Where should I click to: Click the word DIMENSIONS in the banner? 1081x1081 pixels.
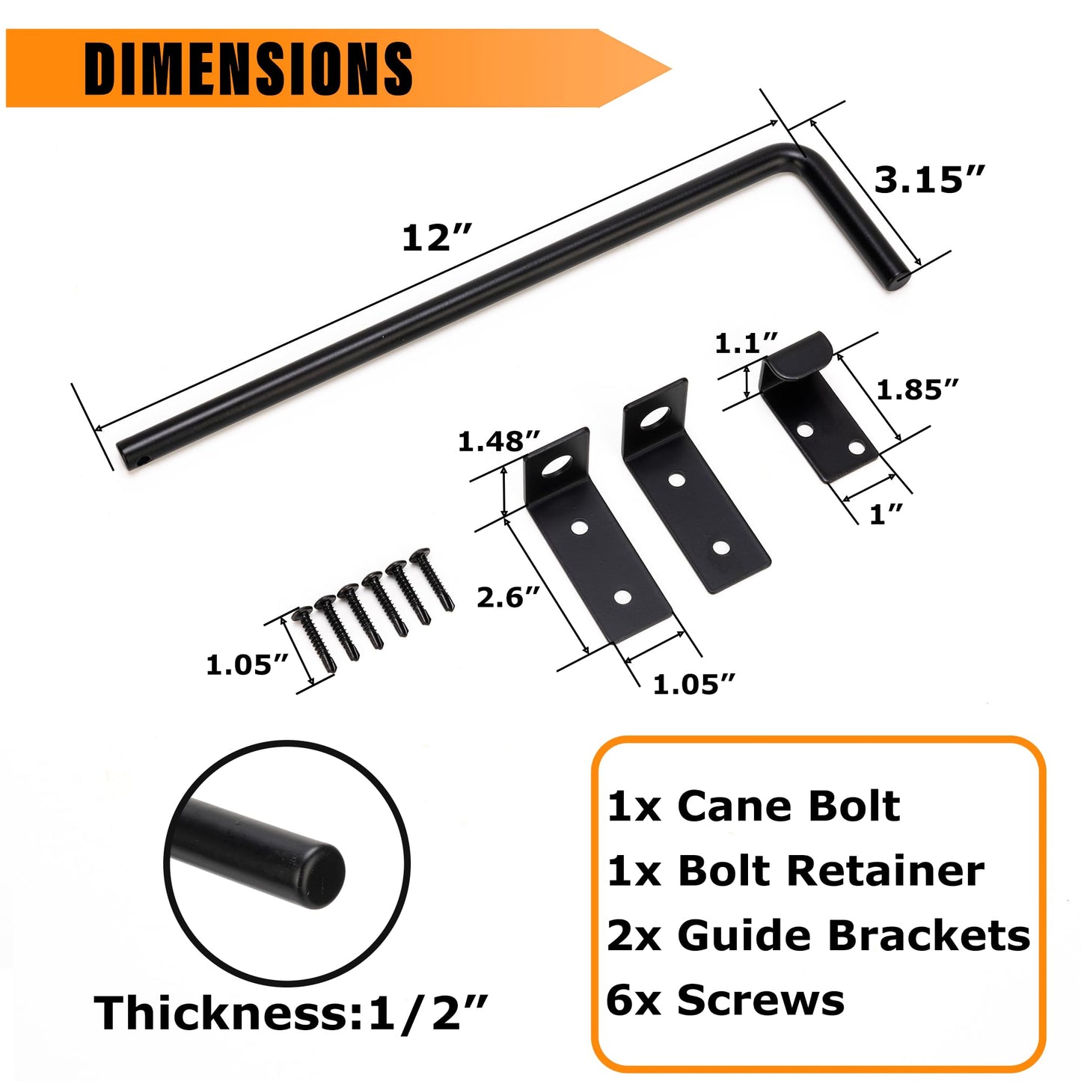(248, 68)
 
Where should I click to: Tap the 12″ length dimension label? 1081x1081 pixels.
(437, 239)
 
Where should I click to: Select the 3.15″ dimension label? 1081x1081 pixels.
(929, 180)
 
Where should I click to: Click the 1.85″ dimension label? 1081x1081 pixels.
(917, 389)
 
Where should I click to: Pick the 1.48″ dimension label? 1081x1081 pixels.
(499, 441)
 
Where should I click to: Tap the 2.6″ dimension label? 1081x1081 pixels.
(509, 597)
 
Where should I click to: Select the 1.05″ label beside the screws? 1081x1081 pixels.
(248, 664)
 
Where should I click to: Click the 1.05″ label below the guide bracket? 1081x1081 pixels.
(694, 684)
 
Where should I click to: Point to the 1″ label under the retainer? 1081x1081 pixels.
(886, 514)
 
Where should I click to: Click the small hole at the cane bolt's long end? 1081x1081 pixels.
(142, 462)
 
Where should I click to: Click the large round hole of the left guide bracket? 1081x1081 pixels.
(556, 467)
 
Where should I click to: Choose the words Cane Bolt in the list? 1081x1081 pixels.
(788, 806)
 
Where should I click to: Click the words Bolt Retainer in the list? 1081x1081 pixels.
(830, 871)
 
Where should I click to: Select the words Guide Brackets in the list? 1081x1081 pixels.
(854, 936)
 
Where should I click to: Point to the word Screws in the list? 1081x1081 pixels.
(761, 1000)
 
